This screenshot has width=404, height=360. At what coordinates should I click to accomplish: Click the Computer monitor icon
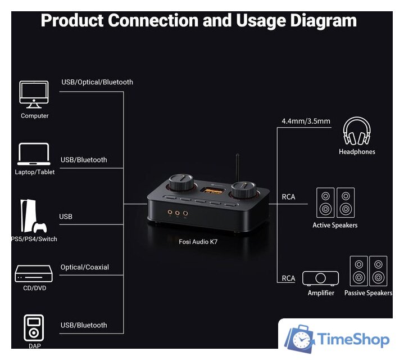34,94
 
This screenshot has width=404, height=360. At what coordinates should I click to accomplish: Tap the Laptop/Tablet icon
34,154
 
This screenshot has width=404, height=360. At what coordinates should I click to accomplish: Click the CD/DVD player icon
34,273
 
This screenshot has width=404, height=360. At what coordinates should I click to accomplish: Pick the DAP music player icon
34,328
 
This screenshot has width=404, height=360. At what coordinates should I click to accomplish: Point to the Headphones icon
357,131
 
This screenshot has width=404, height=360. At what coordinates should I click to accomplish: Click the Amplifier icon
320,278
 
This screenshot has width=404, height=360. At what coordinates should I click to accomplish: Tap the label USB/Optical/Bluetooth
97,82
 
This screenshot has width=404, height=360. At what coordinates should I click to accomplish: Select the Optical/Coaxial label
85,267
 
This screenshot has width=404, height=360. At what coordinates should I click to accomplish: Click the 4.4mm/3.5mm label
306,121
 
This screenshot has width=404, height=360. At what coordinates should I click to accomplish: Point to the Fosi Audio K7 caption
198,242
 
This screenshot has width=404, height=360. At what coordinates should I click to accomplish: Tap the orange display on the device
211,191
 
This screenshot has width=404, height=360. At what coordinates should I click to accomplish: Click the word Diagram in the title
323,21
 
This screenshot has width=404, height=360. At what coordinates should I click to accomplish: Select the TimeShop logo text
353,339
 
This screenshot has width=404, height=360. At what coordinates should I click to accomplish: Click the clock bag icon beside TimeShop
299,338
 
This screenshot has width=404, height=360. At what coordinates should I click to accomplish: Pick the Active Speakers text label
335,225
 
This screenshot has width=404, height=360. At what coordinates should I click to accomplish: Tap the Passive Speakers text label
368,293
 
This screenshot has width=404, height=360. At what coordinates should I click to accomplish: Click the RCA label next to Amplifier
288,278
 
